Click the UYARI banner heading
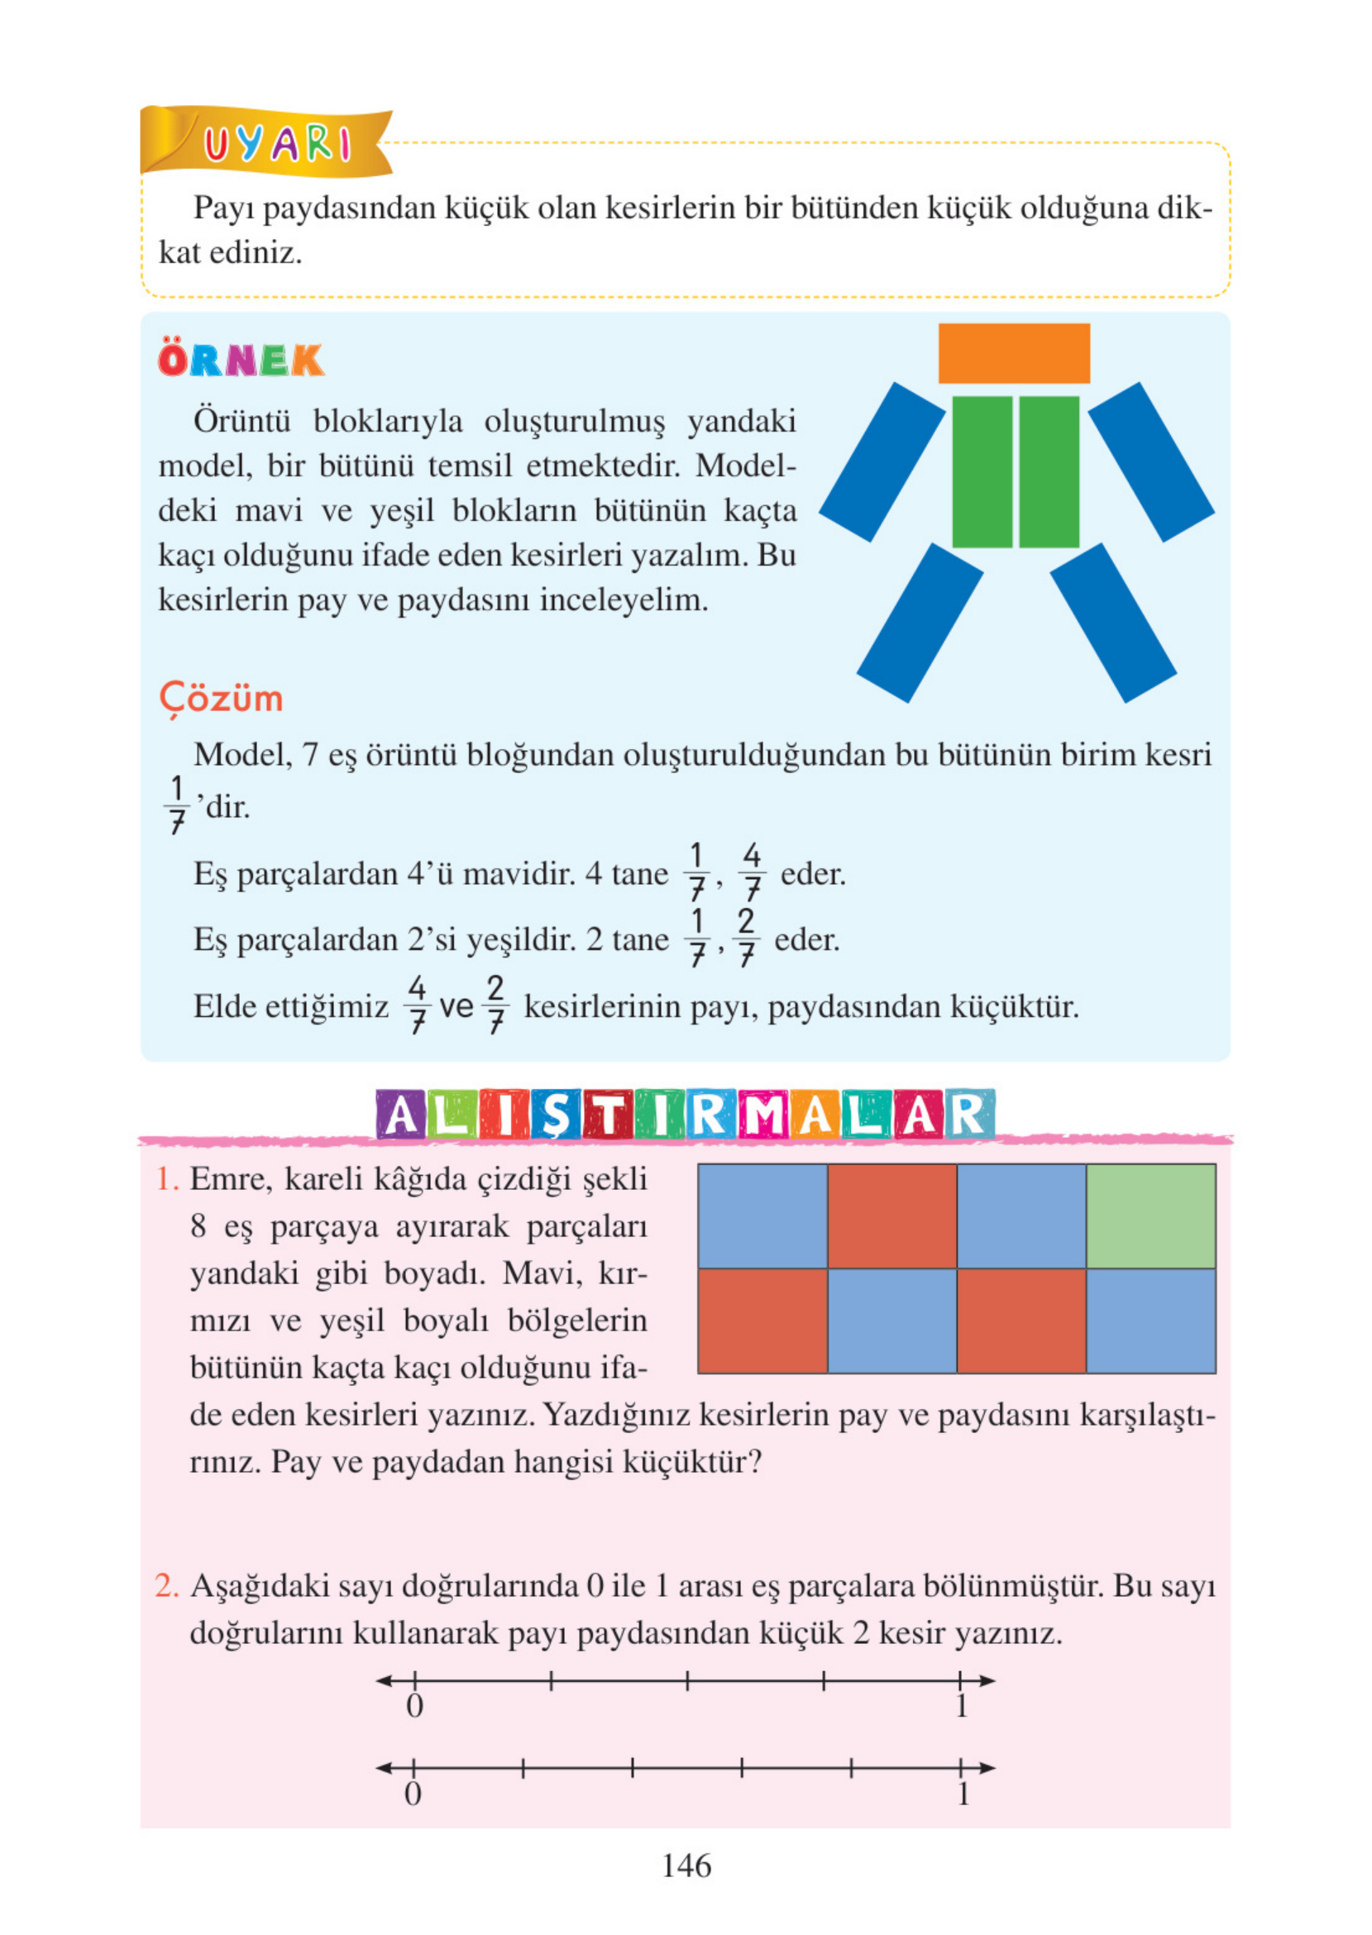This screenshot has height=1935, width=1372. pyautogui.click(x=276, y=145)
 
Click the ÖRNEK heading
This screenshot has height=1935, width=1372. pyautogui.click(x=241, y=361)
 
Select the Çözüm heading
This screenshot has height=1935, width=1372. pyautogui.click(x=222, y=700)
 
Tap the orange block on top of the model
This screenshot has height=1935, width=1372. pyautogui.click(x=1013, y=353)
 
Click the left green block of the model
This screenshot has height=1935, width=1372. pyautogui.click(x=982, y=471)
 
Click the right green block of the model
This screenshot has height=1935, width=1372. pyautogui.click(x=1049, y=471)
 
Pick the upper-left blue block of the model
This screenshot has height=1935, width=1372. pyautogui.click(x=882, y=461)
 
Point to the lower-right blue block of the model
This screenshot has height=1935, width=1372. pyautogui.click(x=1112, y=623)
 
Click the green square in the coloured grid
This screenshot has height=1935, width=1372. pyautogui.click(x=1150, y=1216)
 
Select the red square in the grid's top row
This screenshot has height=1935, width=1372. pyautogui.click(x=892, y=1216)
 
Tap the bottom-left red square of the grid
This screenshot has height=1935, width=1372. pyautogui.click(x=762, y=1320)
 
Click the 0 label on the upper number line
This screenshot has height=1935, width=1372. pyautogui.click(x=414, y=1707)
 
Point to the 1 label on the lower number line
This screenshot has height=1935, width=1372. pyautogui.click(x=963, y=1794)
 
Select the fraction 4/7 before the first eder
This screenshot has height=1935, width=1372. pyautogui.click(x=751, y=872)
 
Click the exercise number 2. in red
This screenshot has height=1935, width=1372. pyautogui.click(x=166, y=1586)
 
